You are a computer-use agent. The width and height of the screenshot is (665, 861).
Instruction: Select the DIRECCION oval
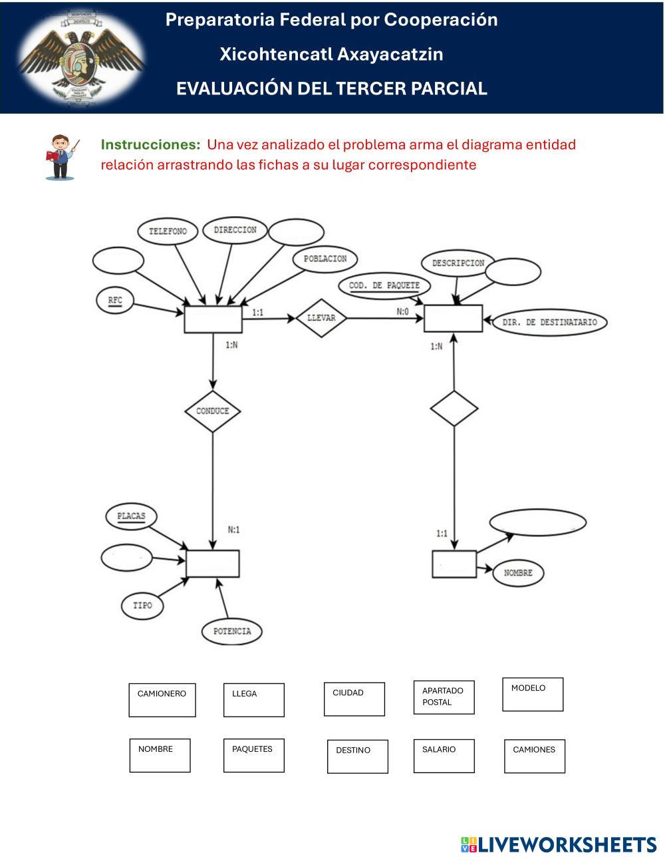[x=235, y=230]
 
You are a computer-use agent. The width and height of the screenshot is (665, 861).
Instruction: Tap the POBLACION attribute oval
[x=325, y=259]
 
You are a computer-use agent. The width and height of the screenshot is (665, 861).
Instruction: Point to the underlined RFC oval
[x=115, y=300]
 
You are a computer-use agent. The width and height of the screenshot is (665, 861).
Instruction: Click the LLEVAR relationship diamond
[x=321, y=318]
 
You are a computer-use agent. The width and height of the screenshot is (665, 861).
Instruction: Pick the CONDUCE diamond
[x=212, y=411]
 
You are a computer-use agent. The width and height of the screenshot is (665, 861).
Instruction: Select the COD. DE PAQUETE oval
[x=384, y=286]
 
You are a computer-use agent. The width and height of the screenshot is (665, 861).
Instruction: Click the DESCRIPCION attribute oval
[x=458, y=263]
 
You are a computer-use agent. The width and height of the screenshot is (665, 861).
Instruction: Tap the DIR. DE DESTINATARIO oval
[x=549, y=323]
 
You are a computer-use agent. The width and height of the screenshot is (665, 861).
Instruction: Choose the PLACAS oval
[x=131, y=516]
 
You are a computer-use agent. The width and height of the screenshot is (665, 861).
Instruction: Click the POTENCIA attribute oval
[x=232, y=631]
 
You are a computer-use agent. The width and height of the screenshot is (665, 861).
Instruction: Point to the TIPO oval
[x=142, y=605]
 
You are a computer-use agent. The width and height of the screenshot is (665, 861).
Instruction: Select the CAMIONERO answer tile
[x=162, y=700]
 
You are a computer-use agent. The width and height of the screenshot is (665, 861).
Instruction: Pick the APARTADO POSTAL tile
[x=444, y=697]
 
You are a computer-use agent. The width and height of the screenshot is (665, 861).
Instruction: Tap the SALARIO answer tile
[x=444, y=755]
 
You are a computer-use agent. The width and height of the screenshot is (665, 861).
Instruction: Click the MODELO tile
[x=533, y=695]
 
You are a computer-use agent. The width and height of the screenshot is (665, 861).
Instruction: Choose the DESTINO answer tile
[x=357, y=757]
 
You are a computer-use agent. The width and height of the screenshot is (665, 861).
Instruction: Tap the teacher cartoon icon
[x=62, y=157]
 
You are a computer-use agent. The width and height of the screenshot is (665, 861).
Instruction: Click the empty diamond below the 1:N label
[x=454, y=409]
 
